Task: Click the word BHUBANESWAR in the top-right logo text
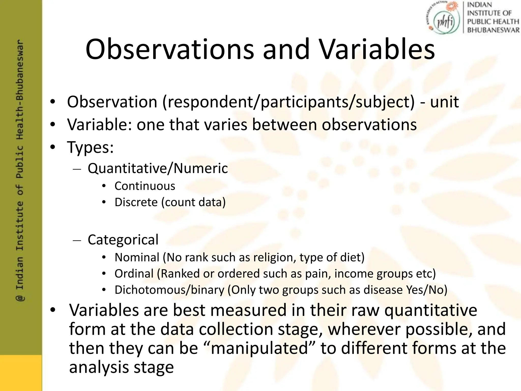(493, 30)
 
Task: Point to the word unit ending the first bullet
(444, 102)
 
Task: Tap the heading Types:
(90, 147)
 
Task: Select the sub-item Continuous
(145, 186)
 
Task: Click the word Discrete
(136, 202)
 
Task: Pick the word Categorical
(123, 240)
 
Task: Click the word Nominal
(137, 257)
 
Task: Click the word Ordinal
(134, 274)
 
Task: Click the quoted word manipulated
(260, 348)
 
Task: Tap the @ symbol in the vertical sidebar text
(20, 298)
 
